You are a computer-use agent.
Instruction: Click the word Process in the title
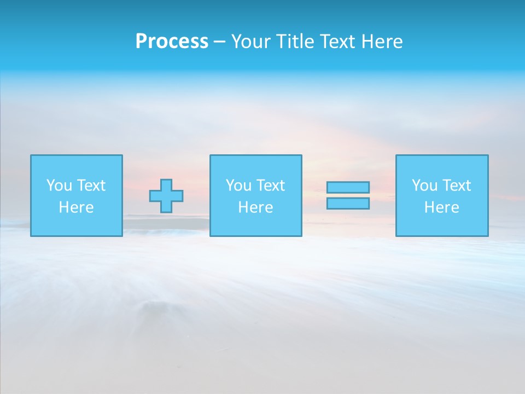(x=172, y=42)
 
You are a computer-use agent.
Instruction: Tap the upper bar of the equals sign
(x=348, y=187)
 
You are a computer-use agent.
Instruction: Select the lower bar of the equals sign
(x=348, y=203)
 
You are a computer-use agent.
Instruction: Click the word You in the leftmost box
(x=59, y=186)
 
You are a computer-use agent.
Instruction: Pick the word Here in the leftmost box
(x=76, y=207)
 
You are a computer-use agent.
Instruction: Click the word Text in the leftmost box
(x=91, y=186)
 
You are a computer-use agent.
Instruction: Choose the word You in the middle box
(x=238, y=186)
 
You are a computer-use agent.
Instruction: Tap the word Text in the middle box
(x=270, y=186)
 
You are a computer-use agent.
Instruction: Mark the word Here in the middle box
(x=255, y=207)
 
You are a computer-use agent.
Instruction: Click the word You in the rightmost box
(x=424, y=186)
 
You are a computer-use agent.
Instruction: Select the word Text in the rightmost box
(x=456, y=186)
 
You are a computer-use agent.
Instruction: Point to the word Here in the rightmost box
(x=441, y=207)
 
